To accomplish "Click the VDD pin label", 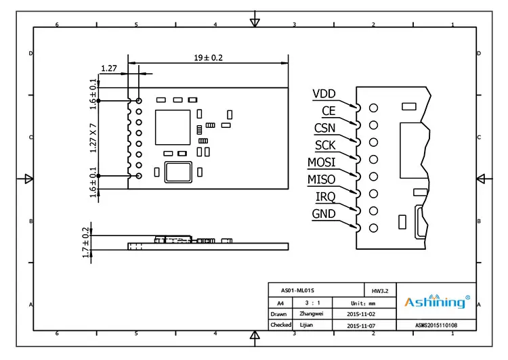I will [324, 94].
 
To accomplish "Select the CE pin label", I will [328, 111].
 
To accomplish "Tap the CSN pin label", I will [324, 128].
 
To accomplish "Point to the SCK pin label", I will [324, 145].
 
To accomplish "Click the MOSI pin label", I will [321, 162].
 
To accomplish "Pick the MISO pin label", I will [321, 179].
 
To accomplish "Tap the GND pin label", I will [323, 215].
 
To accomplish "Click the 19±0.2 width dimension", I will [209, 58].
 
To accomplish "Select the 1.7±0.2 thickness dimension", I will [86, 242].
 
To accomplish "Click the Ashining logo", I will [436, 302].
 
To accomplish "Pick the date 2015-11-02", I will [360, 314].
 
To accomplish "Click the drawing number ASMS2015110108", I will [436, 325].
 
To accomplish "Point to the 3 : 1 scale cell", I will [311, 302].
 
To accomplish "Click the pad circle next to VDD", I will [373, 108].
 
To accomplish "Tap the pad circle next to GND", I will [373, 229].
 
